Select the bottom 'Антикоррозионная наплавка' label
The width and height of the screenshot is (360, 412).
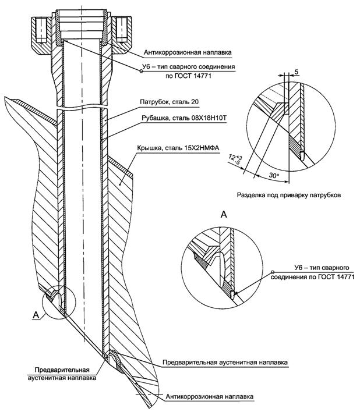tap(210, 397)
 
